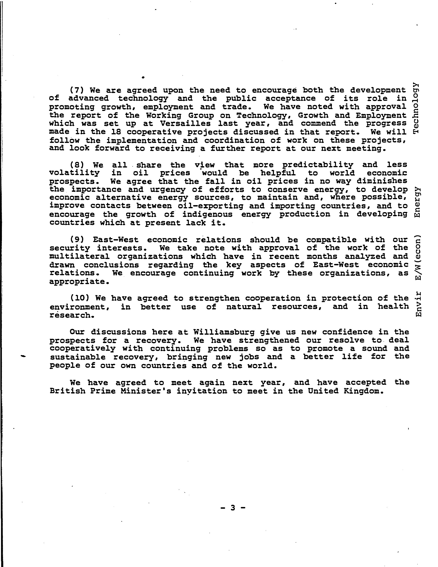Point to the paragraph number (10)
tap(79, 298)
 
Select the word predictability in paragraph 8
tap(318, 165)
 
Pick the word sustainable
tap(78, 357)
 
